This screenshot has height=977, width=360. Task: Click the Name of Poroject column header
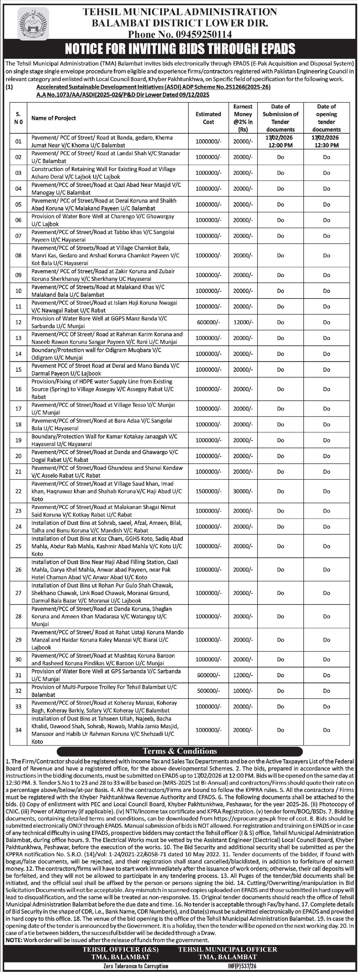tap(54, 118)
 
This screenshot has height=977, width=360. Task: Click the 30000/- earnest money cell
tap(243, 491)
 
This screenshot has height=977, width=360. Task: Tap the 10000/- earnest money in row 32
tap(243, 691)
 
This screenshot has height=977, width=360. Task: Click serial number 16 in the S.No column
tap(18, 389)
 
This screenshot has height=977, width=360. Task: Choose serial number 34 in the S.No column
tap(18, 730)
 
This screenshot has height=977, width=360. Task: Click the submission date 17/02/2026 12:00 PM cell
tap(280, 141)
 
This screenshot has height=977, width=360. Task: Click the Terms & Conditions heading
tap(180, 751)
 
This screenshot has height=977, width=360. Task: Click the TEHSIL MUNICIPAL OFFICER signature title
tap(228, 949)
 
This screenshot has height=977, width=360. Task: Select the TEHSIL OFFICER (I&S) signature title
tap(121, 949)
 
